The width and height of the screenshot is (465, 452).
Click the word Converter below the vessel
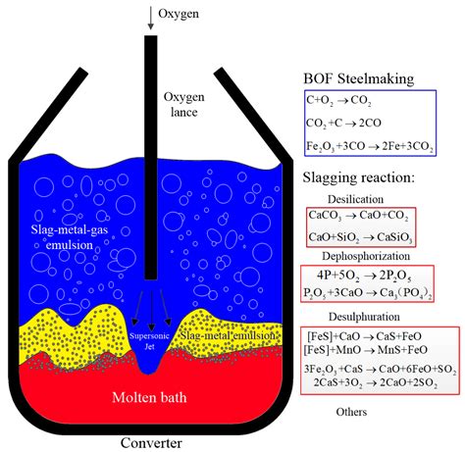coord(150,441)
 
